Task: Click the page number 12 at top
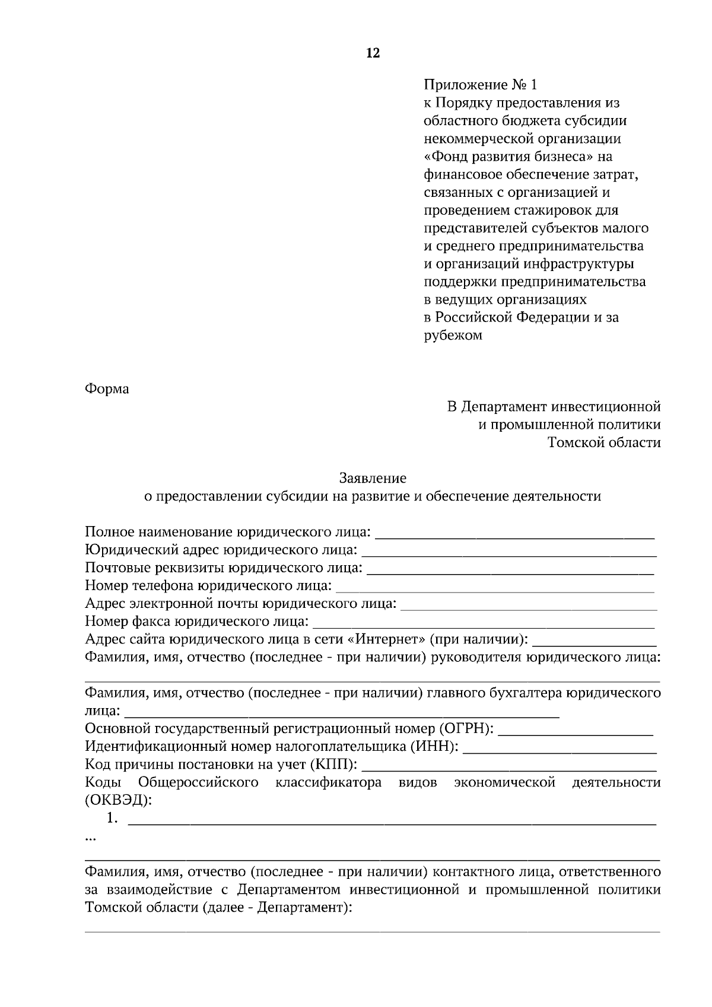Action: pos(373,53)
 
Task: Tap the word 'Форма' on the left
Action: pos(107,389)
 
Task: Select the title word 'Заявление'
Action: pos(373,477)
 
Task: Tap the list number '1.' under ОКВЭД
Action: pos(112,818)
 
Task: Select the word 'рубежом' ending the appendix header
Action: pos(453,335)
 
